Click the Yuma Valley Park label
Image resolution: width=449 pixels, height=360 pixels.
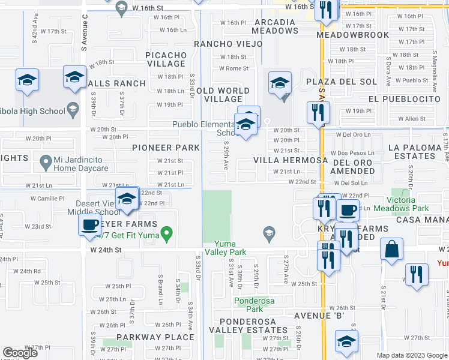[231, 248]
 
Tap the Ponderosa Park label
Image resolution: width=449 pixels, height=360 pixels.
[249, 305]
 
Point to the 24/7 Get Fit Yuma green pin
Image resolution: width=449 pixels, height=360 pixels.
[168, 232]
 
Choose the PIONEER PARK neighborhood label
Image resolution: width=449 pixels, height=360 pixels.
[166, 148]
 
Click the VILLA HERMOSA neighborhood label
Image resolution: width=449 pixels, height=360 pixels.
[291, 160]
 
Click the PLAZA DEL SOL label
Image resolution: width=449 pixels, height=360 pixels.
[341, 82]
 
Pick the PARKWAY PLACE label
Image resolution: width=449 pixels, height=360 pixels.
[148, 337]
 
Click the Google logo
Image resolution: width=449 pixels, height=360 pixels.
[20, 353]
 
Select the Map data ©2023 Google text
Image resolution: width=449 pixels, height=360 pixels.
[411, 355]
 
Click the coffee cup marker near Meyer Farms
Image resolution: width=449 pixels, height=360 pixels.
[90, 225]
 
